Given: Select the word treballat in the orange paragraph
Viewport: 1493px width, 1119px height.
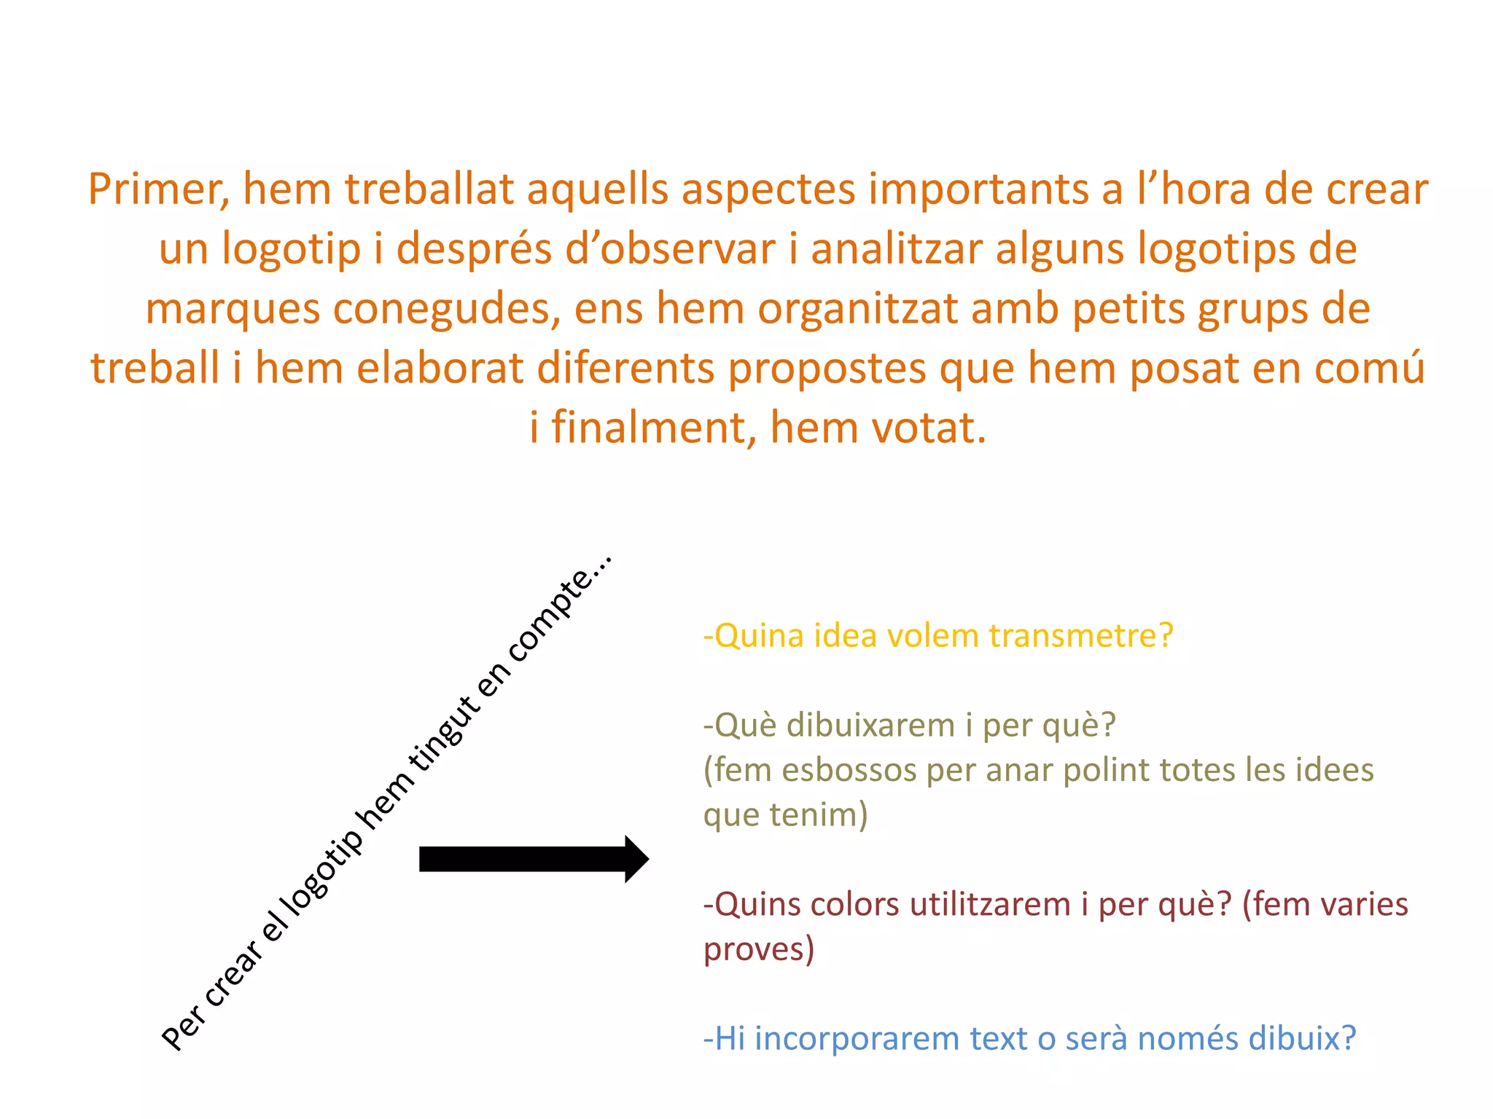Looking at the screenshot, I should tap(429, 189).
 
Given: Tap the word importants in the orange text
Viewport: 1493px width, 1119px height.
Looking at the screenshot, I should tap(978, 189).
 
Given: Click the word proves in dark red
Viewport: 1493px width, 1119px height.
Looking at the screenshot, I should tap(758, 949).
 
